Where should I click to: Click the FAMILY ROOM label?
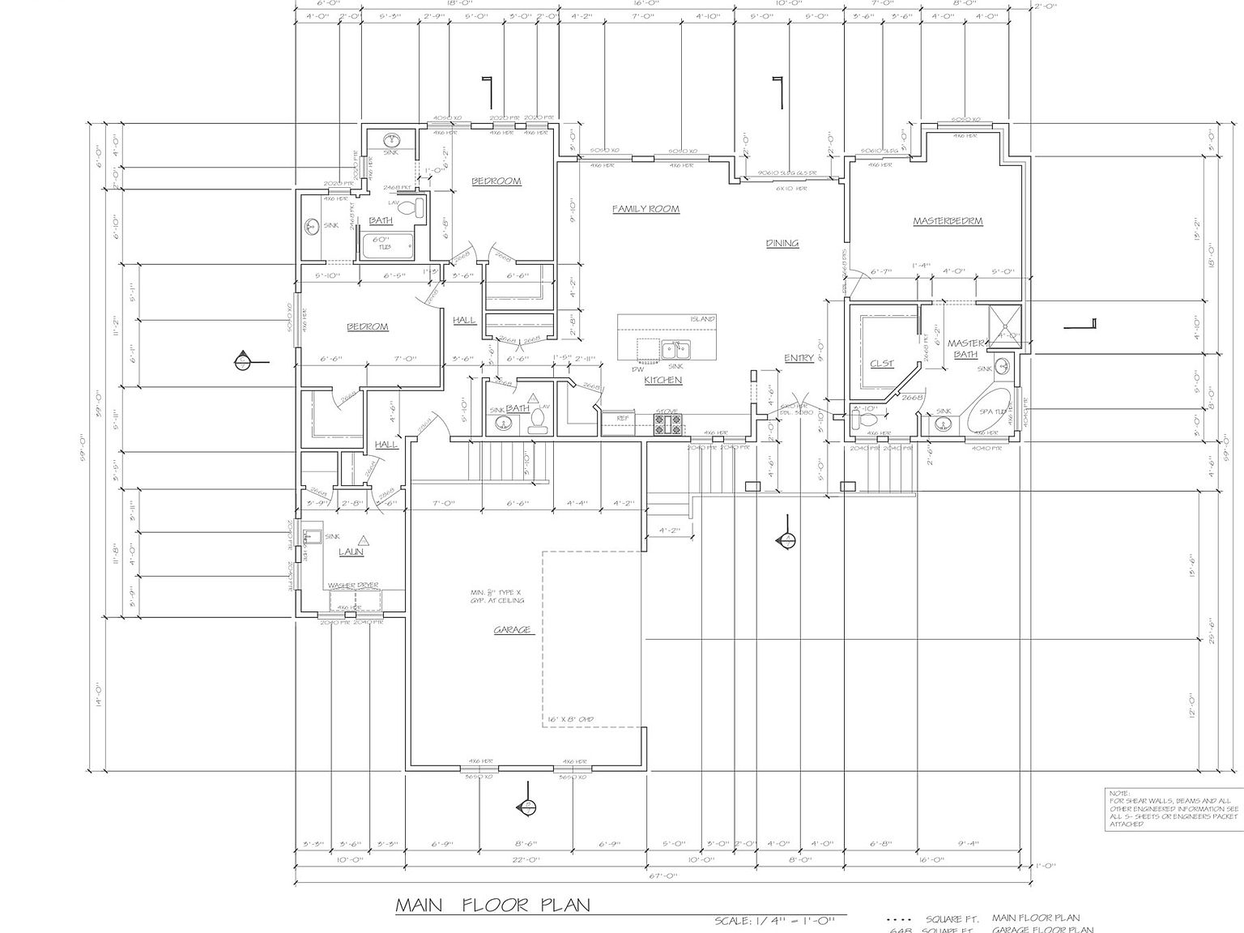(645, 209)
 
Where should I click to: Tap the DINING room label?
(782, 243)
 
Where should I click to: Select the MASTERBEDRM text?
(948, 221)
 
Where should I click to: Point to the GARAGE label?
(513, 630)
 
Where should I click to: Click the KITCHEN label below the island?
(662, 380)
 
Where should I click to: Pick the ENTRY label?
(799, 359)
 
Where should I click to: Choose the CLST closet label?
(881, 364)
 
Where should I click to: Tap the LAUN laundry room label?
(351, 552)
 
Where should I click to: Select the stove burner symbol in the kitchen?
(669, 424)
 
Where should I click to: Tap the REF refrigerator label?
(623, 419)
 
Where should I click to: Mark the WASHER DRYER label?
(353, 586)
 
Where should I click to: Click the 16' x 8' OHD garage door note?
(571, 719)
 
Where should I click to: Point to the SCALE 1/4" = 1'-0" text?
(779, 921)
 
